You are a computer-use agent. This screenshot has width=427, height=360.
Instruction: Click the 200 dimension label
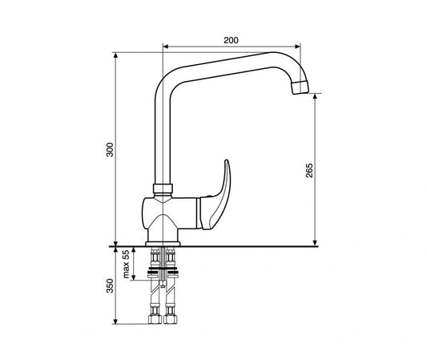[x=231, y=40]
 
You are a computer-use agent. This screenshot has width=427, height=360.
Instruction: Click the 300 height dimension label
[x=110, y=149]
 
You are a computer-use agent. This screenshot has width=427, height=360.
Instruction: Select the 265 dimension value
[x=309, y=171]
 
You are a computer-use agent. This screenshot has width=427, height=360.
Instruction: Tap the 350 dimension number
[x=110, y=285]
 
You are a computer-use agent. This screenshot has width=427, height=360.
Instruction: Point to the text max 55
[x=126, y=264]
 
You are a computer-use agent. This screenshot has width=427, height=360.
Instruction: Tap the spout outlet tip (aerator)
[x=300, y=87]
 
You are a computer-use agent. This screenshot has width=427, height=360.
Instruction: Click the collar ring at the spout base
[x=163, y=188]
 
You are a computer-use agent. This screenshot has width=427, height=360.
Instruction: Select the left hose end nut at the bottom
[x=155, y=319]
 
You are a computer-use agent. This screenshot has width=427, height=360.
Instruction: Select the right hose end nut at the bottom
[x=171, y=319]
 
